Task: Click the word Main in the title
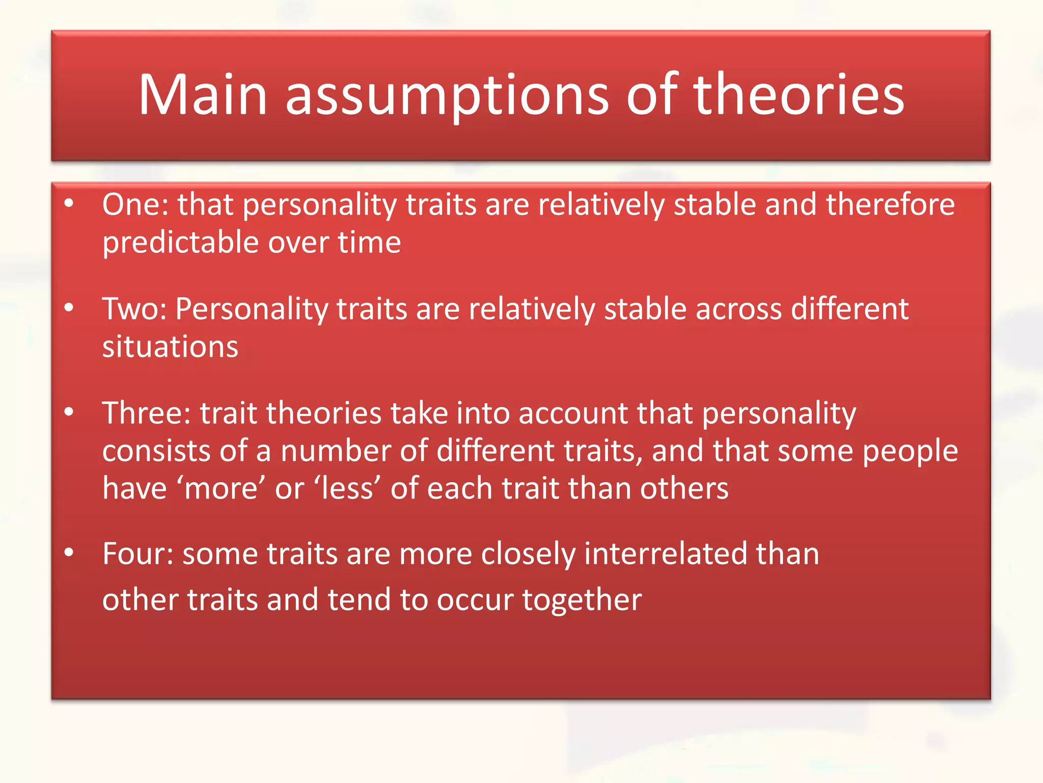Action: coord(203,95)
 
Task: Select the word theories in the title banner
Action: coord(798,95)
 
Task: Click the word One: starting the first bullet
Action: coord(135,205)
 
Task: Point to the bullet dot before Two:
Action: coord(69,307)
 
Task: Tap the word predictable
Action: coord(181,243)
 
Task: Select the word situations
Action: coord(170,347)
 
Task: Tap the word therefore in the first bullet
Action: coord(890,205)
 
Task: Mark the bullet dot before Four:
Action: coord(69,553)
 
